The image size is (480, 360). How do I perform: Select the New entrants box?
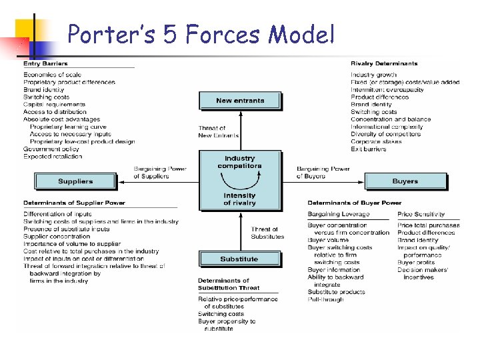click(x=240, y=101)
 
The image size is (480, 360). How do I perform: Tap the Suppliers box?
click(x=75, y=181)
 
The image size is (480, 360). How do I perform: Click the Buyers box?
click(x=405, y=181)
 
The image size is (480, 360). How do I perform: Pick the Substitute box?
click(x=239, y=259)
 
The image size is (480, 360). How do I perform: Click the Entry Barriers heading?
click(x=45, y=64)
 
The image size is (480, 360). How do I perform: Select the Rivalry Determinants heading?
click(x=384, y=64)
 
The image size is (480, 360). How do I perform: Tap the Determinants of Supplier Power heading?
click(x=74, y=203)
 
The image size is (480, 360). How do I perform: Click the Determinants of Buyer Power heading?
click(x=354, y=203)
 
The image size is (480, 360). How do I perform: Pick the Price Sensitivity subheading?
click(x=420, y=214)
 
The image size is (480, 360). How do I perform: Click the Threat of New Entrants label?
click(x=218, y=131)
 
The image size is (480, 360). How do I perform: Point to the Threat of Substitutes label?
click(x=267, y=233)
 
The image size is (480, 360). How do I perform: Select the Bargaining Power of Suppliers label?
click(x=161, y=172)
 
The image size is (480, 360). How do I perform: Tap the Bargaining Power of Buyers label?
click(x=323, y=172)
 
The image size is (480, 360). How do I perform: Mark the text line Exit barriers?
click(x=368, y=149)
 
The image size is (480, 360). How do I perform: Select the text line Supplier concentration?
click(x=57, y=236)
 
